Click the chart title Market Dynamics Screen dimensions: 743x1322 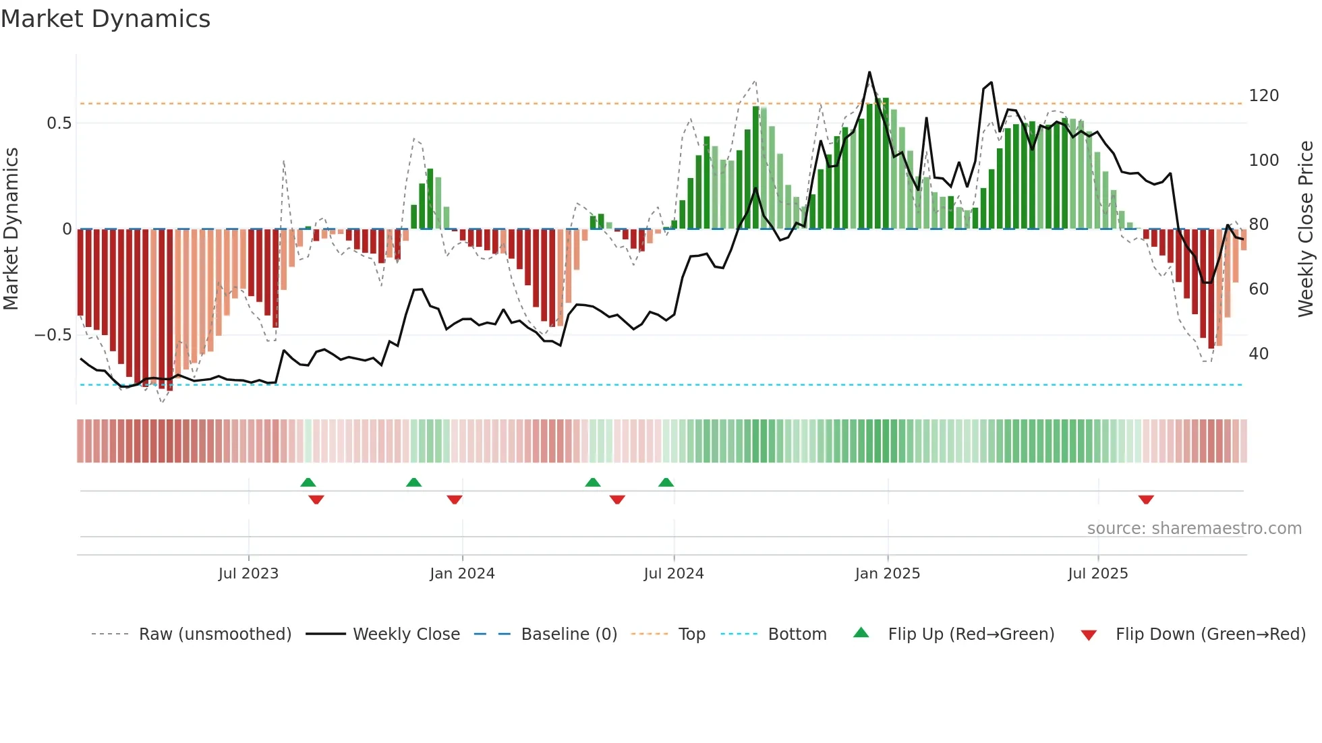pos(106,19)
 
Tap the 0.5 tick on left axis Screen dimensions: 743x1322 pos(59,123)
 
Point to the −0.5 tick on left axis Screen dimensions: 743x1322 pos(53,335)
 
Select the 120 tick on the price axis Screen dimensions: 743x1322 pos(1263,96)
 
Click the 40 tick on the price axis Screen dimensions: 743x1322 pos(1258,354)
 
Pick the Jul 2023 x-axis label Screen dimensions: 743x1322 pos(248,574)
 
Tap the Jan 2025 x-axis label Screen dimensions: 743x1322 pos(887,574)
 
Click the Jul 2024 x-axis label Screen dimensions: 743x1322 pos(673,574)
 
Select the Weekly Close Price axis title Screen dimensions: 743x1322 pos(1306,229)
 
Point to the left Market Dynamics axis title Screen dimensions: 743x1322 pos(11,229)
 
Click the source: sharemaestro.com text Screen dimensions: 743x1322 pos(1194,529)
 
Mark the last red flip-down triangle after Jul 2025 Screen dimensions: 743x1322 pos(1146,500)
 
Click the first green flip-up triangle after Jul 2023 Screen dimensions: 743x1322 pos(308,482)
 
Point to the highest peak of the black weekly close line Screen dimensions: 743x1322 pos(869,72)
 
